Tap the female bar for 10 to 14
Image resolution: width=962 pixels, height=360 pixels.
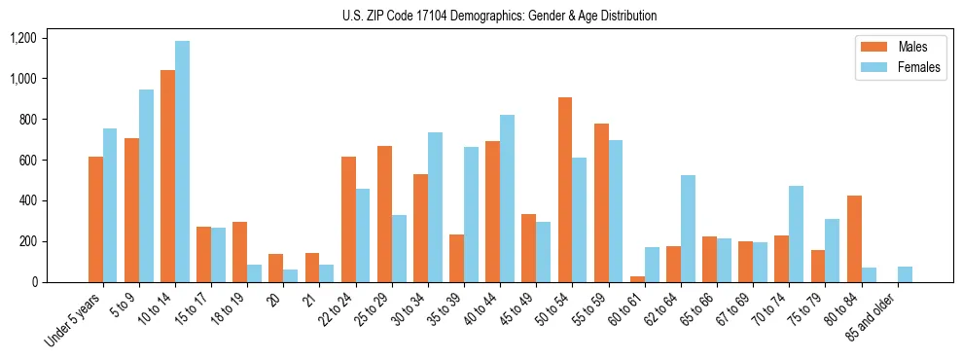(182, 162)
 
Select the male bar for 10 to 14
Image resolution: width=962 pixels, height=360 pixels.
(167, 176)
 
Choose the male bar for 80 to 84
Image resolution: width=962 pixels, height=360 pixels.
(854, 239)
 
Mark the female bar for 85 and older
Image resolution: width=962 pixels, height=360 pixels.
(905, 274)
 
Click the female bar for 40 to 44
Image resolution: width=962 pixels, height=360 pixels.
(507, 198)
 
